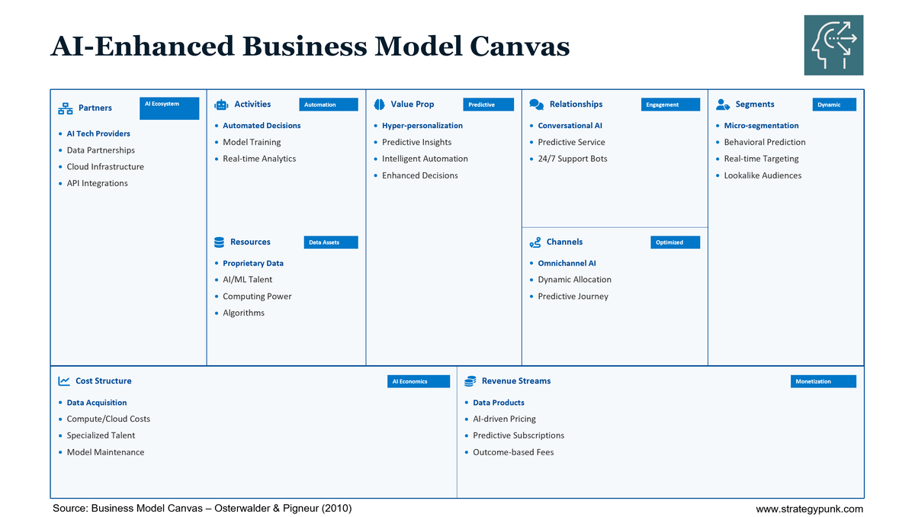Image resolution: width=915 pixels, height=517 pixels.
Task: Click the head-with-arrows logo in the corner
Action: [833, 45]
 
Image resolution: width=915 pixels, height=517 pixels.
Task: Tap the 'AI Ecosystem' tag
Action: [169, 108]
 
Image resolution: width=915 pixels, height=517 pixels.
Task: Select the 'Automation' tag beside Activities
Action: [328, 104]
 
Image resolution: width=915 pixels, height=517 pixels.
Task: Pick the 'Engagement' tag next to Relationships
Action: [670, 104]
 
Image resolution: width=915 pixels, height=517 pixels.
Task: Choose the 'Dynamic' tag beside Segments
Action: [834, 104]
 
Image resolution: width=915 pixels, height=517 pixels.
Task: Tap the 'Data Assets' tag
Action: [330, 242]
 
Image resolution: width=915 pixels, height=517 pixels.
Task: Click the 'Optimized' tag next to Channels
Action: [676, 242]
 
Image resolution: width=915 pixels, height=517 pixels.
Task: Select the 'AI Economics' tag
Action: [418, 381]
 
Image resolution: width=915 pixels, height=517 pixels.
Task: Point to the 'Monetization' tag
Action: [823, 381]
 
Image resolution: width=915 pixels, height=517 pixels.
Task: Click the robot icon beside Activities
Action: [221, 104]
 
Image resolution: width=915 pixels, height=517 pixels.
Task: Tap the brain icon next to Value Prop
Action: [379, 104]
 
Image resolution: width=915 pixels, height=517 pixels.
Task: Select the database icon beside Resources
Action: [219, 242]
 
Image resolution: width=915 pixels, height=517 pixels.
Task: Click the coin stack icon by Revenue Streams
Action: [470, 381]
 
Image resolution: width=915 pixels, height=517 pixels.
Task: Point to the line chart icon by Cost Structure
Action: [64, 381]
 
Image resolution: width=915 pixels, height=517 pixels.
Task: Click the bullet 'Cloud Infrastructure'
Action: [105, 167]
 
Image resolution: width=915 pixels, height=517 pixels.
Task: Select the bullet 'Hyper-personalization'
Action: [422, 126]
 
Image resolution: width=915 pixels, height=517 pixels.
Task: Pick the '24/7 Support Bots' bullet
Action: [572, 159]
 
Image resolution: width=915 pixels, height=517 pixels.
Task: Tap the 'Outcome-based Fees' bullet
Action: [513, 453]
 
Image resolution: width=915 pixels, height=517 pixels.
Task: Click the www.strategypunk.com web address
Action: [809, 509]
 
